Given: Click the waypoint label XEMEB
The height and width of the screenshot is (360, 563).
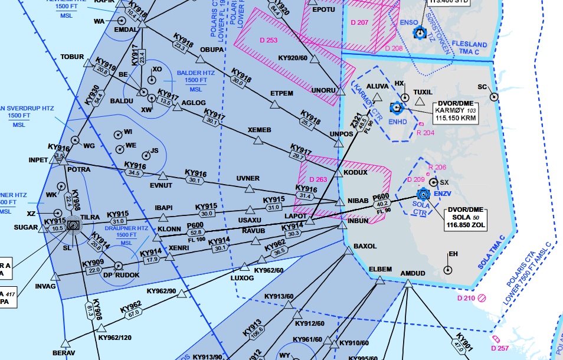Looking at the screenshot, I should (x=259, y=130).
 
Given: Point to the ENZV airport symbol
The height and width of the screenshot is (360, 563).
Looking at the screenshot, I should (x=423, y=194).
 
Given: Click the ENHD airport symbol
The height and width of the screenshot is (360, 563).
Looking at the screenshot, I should (x=397, y=108).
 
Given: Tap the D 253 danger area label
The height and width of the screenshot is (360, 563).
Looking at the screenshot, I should (x=269, y=40).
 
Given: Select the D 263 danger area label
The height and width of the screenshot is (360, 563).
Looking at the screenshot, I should (x=317, y=179).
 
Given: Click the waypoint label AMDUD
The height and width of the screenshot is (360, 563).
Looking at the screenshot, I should (x=412, y=273).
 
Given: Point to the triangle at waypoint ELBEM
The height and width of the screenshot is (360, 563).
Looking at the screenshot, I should (x=379, y=280).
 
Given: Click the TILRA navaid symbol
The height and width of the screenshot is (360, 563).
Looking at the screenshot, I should (x=74, y=225).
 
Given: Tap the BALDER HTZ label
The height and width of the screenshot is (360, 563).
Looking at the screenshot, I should (x=195, y=73).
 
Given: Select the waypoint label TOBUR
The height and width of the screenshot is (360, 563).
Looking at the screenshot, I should (x=73, y=57).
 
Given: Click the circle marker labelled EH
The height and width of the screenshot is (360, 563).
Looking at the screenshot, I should (x=448, y=270).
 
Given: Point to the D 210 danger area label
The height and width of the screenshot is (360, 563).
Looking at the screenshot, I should (x=466, y=299).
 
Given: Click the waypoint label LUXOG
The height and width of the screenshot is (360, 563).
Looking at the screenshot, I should (x=241, y=277).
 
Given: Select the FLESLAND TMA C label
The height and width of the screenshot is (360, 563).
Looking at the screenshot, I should (x=470, y=48).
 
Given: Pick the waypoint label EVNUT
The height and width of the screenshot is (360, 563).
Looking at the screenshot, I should (x=161, y=185).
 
